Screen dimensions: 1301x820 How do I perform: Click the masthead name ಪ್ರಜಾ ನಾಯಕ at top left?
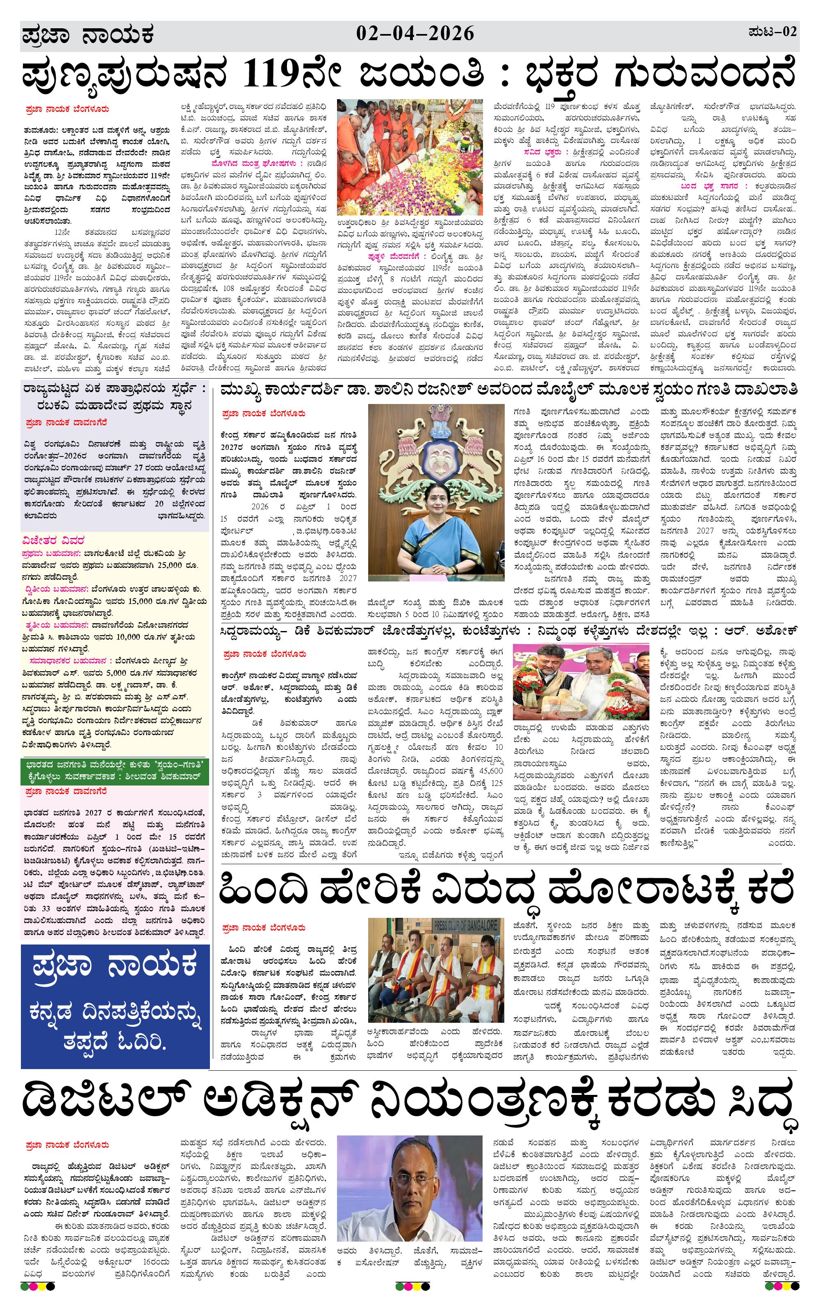pos(88,36)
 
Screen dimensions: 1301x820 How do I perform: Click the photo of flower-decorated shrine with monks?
pos(409,157)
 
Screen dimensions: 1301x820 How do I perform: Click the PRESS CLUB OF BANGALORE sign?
pos(465,924)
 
